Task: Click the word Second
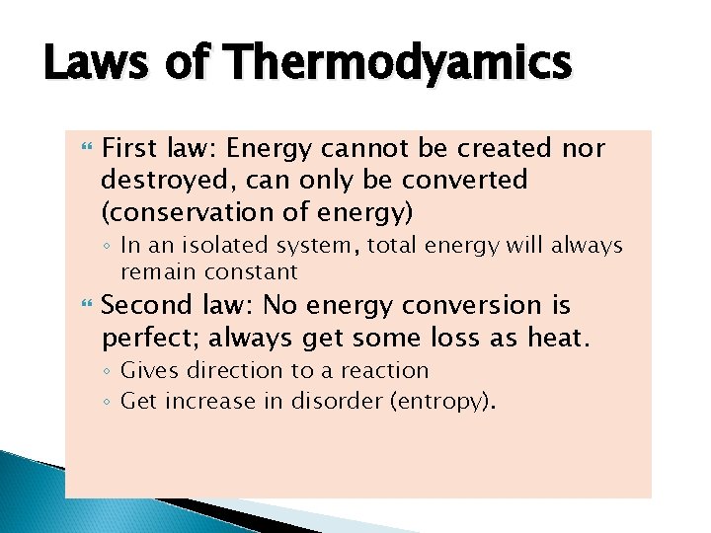pos(143,307)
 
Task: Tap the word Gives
pos(144,371)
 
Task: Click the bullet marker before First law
pos(82,148)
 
